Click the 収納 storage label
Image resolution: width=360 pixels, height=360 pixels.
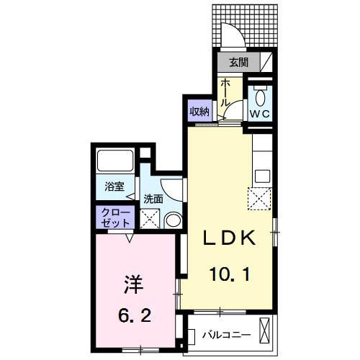point(199,111)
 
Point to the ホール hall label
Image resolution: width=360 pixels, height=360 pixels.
point(225,93)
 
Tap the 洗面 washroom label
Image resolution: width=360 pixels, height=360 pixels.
point(153,198)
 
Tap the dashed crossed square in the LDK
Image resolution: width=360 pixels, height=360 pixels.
point(258,197)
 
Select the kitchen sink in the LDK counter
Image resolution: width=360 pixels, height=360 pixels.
point(261,175)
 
